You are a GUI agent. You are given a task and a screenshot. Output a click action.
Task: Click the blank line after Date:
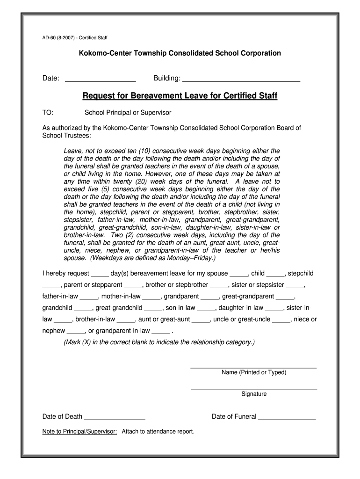100,79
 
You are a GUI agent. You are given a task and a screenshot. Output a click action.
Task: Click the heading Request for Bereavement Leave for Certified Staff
180,96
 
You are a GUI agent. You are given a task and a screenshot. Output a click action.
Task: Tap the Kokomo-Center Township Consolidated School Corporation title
180,53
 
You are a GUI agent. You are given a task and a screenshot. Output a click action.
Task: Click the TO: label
48,113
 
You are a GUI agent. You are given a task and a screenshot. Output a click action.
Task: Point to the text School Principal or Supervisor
128,113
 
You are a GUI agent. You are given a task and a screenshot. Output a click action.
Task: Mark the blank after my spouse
239,274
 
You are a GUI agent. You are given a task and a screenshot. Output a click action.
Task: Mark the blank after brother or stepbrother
219,285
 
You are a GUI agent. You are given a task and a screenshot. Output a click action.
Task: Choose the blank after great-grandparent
285,297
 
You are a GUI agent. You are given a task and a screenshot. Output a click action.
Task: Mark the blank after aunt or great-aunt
201,320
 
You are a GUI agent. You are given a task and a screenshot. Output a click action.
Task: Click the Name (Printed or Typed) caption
254,373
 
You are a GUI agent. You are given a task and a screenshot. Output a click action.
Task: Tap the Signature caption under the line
254,394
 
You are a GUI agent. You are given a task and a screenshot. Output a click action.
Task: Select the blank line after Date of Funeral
287,417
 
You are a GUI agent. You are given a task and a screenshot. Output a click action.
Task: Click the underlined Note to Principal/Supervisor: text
79,432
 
